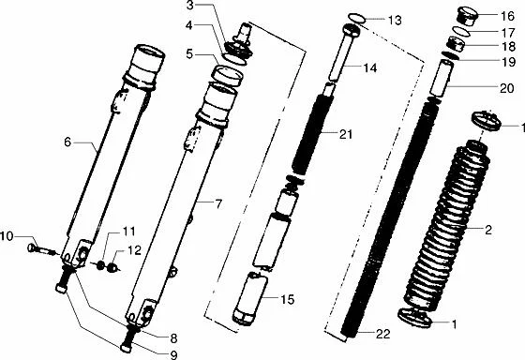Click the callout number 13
point(392,21)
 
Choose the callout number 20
point(508,88)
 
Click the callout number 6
point(67,142)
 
